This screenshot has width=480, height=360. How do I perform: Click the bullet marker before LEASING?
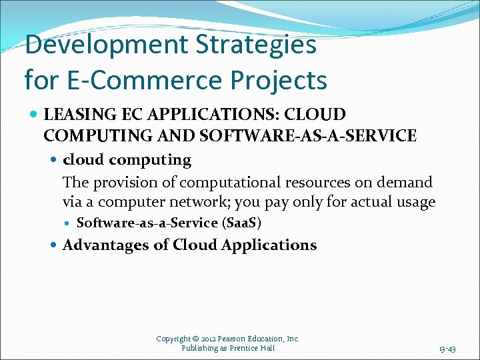click(x=33, y=115)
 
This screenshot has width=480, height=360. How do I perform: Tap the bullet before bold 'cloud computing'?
click(x=55, y=160)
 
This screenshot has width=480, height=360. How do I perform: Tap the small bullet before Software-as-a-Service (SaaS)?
click(x=69, y=223)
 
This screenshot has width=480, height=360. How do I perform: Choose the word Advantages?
click(x=106, y=245)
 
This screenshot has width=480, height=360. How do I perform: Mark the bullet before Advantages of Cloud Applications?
click(x=55, y=245)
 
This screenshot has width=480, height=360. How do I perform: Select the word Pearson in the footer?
click(x=233, y=339)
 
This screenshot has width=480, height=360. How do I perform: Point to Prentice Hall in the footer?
click(x=249, y=348)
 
